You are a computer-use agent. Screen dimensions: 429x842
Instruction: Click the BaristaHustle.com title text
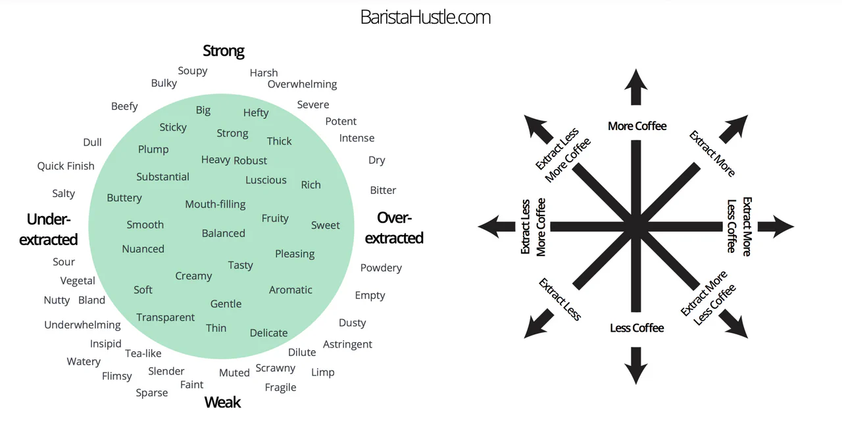click(425, 17)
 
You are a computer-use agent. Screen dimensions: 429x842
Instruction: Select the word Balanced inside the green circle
click(224, 233)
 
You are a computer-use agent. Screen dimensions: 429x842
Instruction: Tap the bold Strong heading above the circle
click(224, 51)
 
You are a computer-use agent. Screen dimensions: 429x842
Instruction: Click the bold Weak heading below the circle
click(222, 402)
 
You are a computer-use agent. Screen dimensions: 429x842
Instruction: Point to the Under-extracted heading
click(49, 229)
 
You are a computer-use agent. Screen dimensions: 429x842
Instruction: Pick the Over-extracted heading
click(394, 227)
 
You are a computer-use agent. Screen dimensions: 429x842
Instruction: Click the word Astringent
click(347, 344)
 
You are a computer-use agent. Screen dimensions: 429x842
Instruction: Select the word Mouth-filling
click(215, 204)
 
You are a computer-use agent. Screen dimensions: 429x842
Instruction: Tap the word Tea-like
click(143, 353)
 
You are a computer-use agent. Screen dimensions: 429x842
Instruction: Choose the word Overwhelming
click(302, 84)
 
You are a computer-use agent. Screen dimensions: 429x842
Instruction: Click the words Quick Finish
click(66, 166)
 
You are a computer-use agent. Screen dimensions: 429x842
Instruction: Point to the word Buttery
click(124, 198)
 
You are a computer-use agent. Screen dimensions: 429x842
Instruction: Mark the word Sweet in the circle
click(325, 225)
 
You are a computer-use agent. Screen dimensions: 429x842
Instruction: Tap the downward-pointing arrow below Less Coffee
click(636, 366)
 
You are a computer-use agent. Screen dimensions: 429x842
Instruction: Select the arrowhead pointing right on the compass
click(777, 227)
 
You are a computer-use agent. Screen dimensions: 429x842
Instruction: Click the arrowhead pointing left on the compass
click(495, 227)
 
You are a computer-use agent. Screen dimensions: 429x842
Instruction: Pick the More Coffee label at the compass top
click(637, 126)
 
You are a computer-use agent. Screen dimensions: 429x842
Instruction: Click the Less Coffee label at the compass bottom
click(637, 328)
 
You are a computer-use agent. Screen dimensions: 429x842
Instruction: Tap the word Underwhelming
click(82, 325)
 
